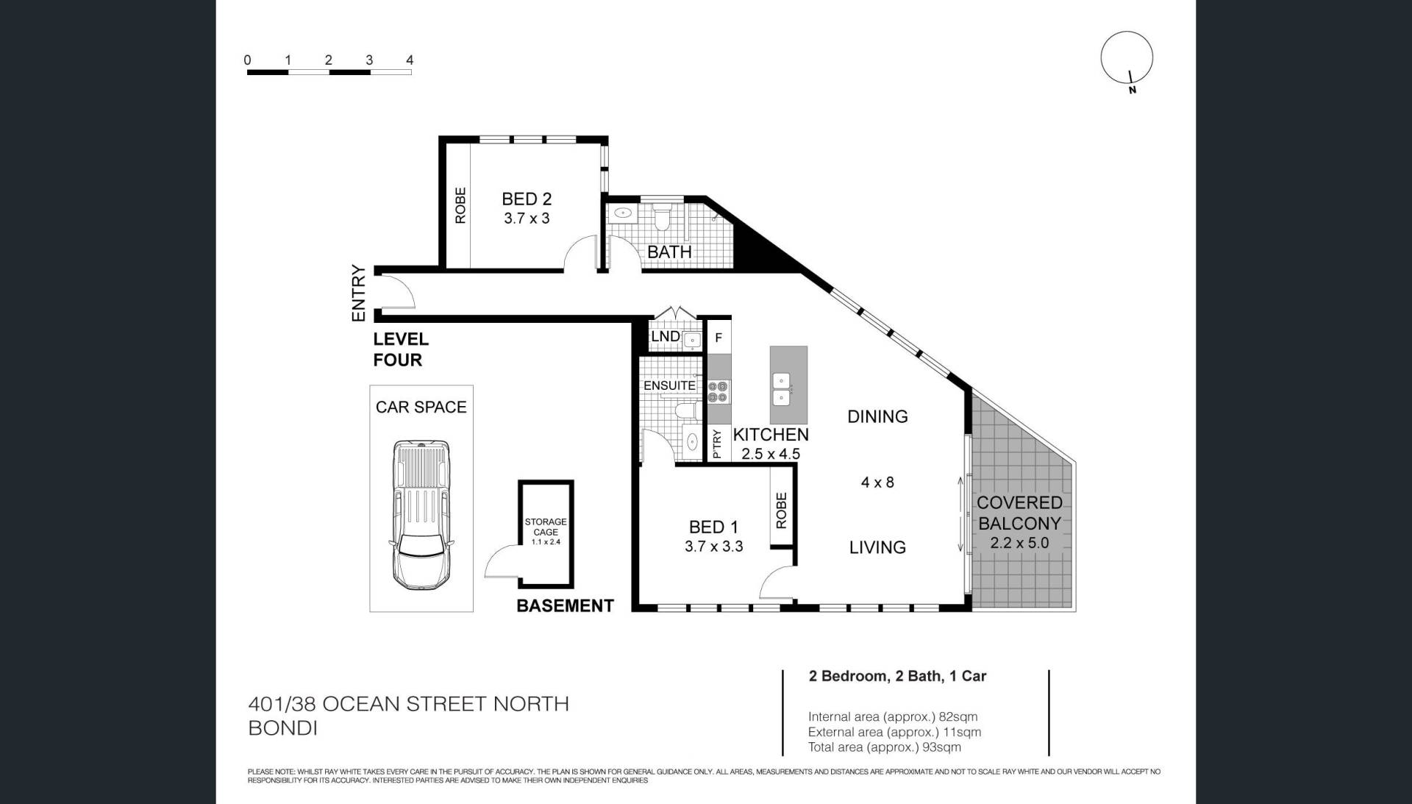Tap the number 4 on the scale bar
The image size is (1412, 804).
410,60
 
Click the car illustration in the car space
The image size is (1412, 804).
421,515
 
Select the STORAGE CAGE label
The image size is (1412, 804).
546,527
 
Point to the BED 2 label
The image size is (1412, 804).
527,199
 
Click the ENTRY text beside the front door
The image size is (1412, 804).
359,293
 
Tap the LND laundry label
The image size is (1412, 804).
665,336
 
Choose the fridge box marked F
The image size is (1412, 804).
719,338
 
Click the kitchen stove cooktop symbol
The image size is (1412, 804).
719,391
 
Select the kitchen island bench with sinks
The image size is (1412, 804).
788,384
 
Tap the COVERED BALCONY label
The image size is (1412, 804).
1019,513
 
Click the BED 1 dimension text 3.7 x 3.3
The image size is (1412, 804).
713,547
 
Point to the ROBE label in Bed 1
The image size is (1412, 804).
781,510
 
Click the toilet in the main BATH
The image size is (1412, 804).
662,215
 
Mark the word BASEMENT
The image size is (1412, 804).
565,605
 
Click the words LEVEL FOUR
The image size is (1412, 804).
401,349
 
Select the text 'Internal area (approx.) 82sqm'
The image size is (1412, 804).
893,716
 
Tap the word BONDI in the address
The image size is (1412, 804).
283,728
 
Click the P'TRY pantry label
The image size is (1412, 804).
718,444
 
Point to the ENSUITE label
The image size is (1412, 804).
669,385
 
